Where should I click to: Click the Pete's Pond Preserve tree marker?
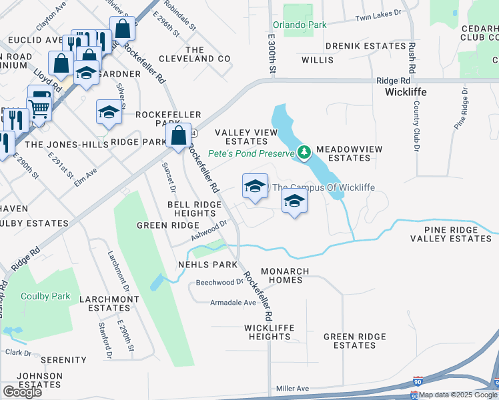304,153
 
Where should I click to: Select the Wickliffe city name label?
406,92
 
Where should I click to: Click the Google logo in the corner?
22,392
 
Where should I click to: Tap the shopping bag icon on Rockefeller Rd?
179,137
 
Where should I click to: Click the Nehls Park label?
207,265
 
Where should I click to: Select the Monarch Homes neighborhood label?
285,275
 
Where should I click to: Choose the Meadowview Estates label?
343,153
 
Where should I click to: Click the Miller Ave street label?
293,389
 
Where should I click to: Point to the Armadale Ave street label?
233,303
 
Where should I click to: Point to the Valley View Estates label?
246,137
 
